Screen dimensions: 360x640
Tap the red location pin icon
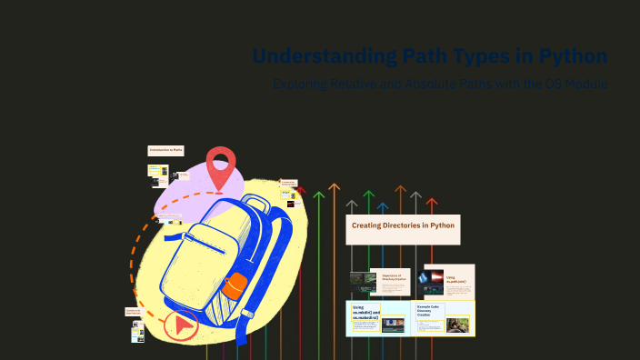220,165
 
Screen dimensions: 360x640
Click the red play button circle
183,324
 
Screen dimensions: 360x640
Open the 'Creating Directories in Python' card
403,228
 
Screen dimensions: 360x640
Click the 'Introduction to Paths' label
165,150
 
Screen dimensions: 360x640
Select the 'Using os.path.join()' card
449,280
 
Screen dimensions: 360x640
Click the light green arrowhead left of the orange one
318,195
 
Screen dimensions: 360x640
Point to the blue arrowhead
383,208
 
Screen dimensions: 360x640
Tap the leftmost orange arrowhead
334,188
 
